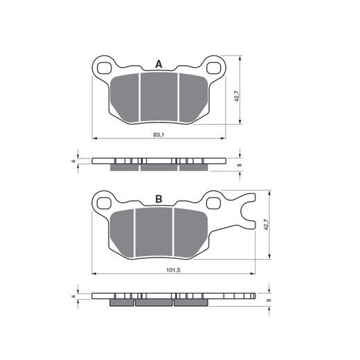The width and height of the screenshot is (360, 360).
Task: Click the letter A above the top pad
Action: tap(159, 64)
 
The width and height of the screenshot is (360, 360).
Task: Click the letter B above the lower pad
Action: tap(159, 199)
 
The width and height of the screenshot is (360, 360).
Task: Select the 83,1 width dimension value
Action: tap(159, 134)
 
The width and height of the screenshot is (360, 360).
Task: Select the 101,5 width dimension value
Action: tap(173, 270)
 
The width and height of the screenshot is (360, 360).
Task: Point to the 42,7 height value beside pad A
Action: tap(237, 96)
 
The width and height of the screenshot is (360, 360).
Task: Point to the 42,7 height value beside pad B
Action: tap(266, 224)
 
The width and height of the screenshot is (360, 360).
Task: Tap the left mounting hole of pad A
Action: tap(104, 69)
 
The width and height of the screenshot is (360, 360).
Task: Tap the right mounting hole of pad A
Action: tap(213, 68)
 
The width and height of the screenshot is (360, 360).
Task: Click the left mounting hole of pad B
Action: tap(104, 204)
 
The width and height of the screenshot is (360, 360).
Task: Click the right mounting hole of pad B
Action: tap(213, 203)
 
